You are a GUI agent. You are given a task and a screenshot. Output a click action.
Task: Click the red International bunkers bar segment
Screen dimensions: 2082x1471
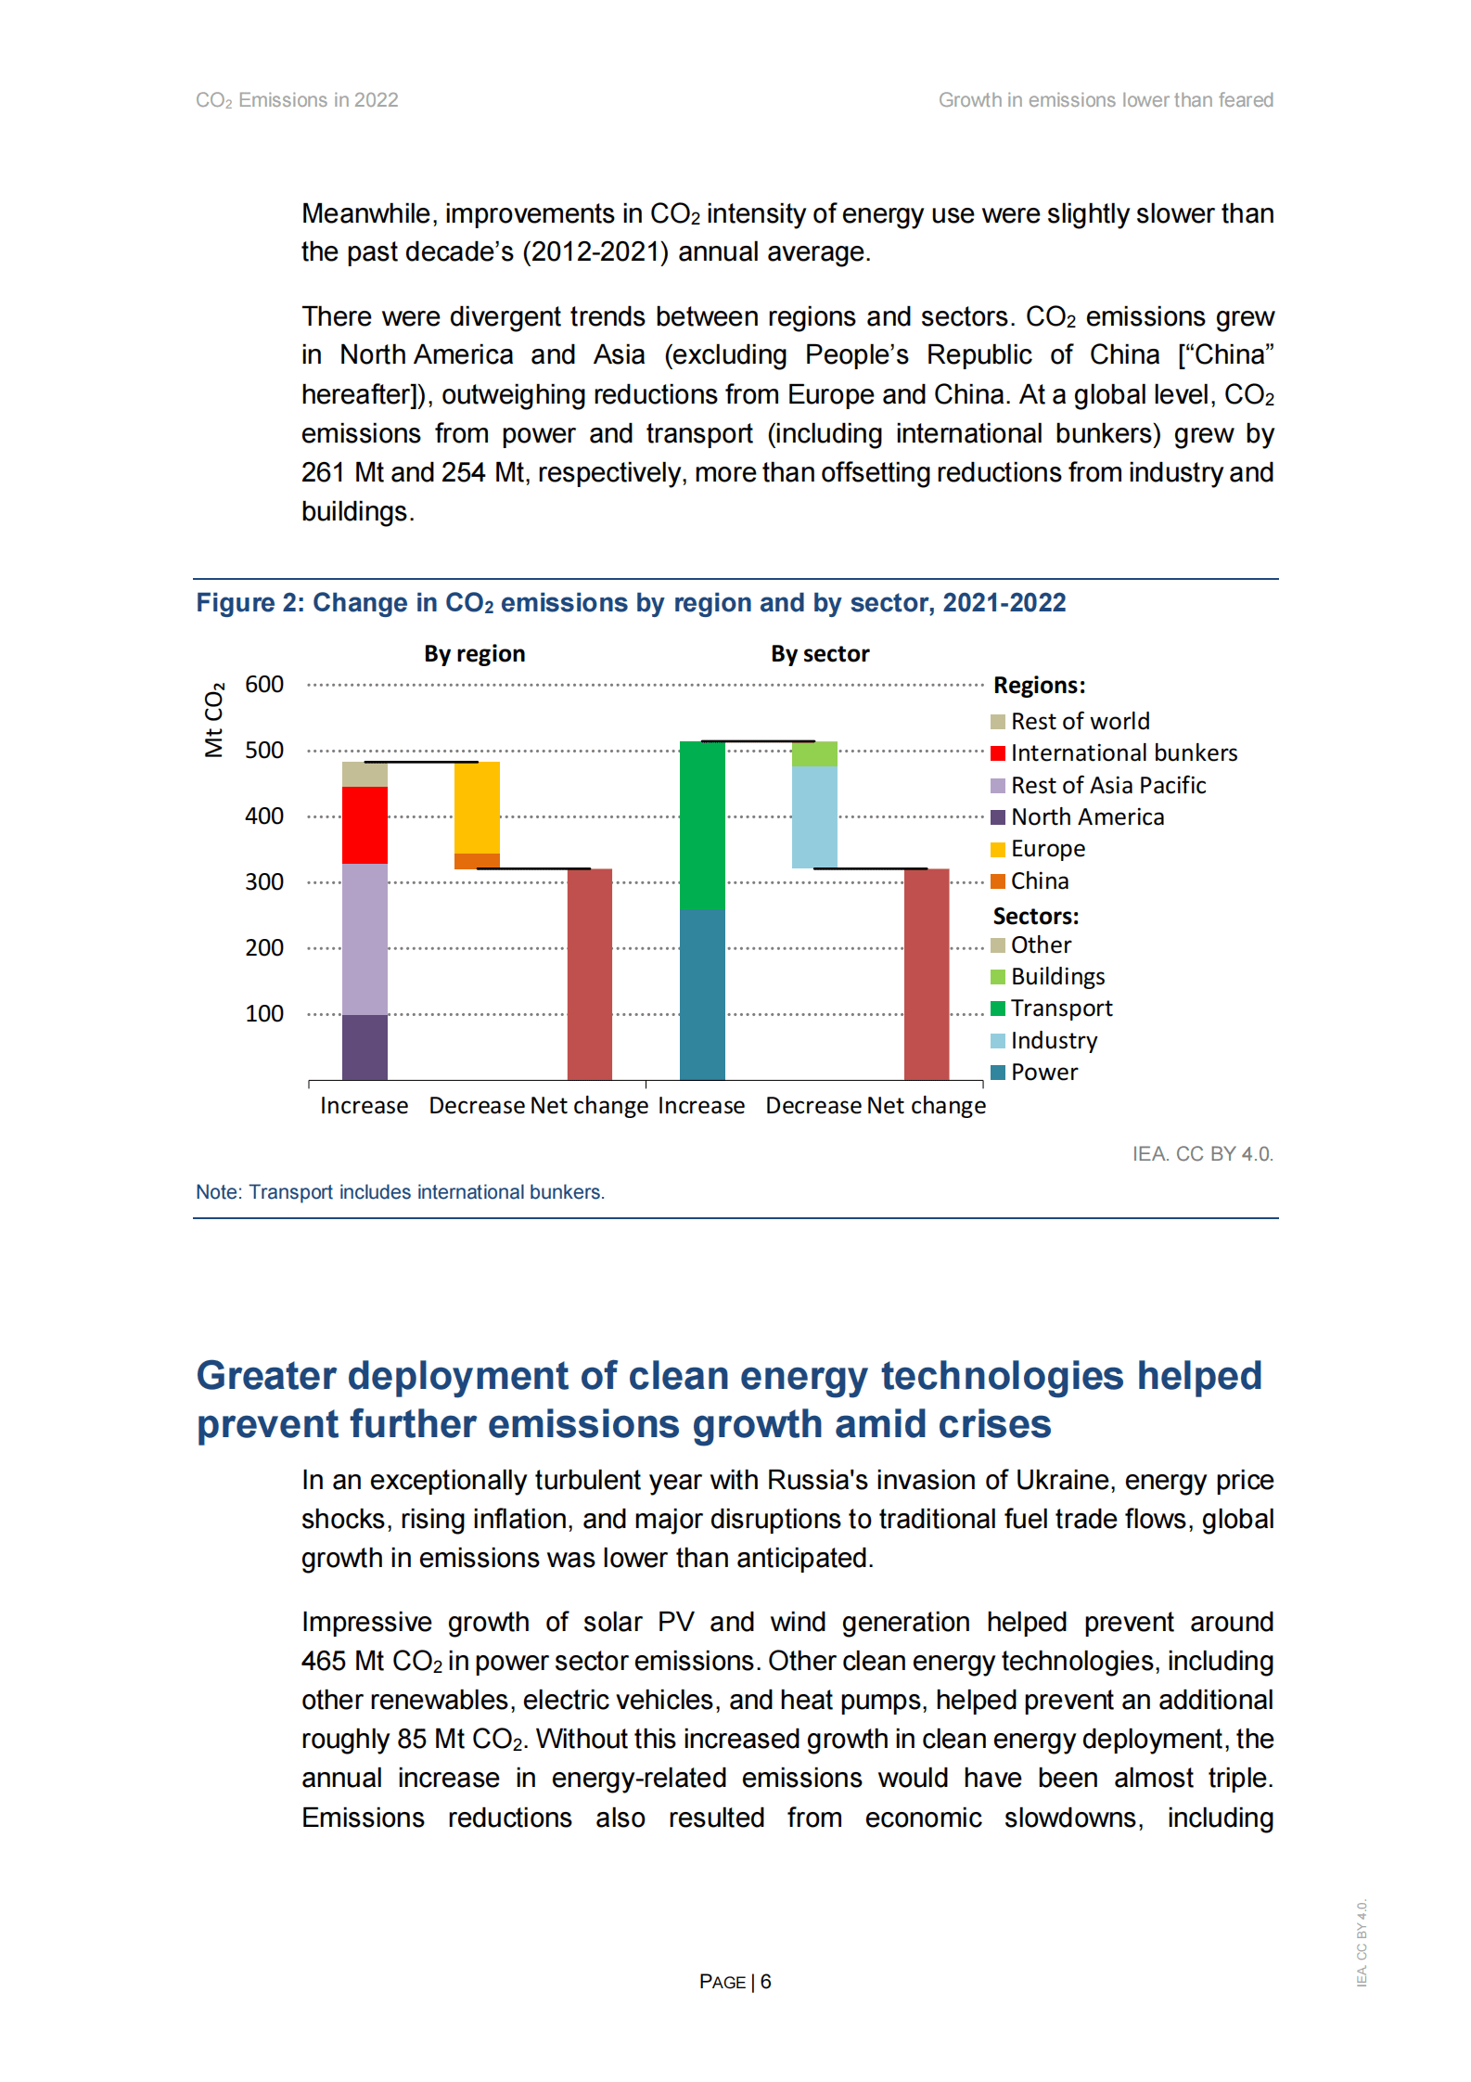pyautogui.click(x=365, y=825)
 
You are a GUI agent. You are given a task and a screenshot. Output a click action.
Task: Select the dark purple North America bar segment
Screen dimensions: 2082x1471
pyautogui.click(x=365, y=1047)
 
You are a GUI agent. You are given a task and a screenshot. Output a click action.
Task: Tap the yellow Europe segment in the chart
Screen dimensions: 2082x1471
pyautogui.click(x=477, y=807)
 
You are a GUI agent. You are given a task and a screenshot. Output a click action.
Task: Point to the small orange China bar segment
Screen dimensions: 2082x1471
pyautogui.click(x=477, y=861)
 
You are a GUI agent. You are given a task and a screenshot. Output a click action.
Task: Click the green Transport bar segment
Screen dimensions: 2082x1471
pyautogui.click(x=702, y=824)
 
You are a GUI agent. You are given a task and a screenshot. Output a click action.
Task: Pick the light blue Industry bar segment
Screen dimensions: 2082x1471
pyautogui.click(x=814, y=816)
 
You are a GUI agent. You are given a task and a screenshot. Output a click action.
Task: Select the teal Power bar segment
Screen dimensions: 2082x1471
pyautogui.click(x=702, y=994)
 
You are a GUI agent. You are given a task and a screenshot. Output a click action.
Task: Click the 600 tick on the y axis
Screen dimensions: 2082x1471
pyautogui.click(x=264, y=685)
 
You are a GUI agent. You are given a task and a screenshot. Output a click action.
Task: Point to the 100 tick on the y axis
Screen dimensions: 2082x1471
pyautogui.click(x=264, y=1014)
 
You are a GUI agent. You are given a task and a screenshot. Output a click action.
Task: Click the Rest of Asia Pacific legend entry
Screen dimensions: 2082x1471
pyautogui.click(x=1107, y=786)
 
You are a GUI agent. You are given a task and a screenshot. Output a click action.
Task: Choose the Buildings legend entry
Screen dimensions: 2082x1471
pyautogui.click(x=1057, y=977)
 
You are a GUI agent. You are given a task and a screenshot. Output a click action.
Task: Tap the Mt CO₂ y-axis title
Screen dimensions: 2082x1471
pyautogui.click(x=214, y=720)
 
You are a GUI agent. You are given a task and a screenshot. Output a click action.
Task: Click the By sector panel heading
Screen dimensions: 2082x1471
pyautogui.click(x=820, y=654)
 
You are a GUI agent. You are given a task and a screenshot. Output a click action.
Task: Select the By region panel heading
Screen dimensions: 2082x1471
pyautogui.click(x=474, y=654)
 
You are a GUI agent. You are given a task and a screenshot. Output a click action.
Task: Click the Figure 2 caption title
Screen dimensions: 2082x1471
pyautogui.click(x=631, y=603)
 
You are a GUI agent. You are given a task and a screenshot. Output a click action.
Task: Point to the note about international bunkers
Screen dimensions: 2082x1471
pyautogui.click(x=400, y=1192)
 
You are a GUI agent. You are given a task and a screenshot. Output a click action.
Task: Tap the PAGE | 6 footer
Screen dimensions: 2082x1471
pyautogui.click(x=735, y=1982)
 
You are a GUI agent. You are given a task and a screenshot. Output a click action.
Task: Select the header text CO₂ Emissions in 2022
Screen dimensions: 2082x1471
pyautogui.click(x=297, y=100)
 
